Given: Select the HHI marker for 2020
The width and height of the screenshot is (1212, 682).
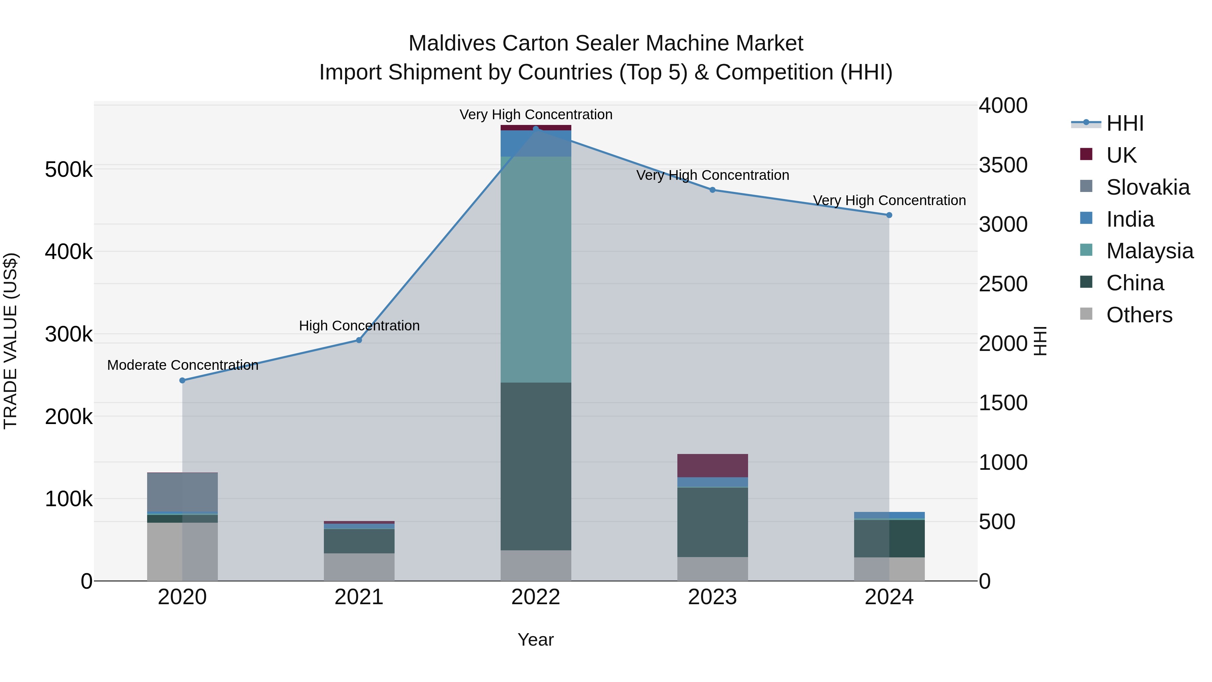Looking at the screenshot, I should [182, 380].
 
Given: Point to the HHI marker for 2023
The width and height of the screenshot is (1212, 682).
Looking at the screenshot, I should [712, 190].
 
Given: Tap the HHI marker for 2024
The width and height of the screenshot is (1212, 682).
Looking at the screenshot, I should [889, 215].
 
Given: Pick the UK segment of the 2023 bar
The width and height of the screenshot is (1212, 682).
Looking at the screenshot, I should [712, 465].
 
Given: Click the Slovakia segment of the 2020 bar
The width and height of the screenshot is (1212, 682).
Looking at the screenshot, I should [182, 492].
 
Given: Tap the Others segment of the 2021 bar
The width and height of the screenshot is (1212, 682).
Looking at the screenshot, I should [359, 567].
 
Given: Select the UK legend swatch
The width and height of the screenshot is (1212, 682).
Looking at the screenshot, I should [1086, 154].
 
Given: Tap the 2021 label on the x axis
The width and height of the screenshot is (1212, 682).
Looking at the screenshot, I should [359, 597].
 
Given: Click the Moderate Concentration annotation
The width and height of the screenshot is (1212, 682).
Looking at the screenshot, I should [182, 365].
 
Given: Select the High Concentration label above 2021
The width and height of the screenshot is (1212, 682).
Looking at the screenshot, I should [359, 326].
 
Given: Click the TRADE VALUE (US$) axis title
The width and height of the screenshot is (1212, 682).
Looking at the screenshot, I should [10, 341].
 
